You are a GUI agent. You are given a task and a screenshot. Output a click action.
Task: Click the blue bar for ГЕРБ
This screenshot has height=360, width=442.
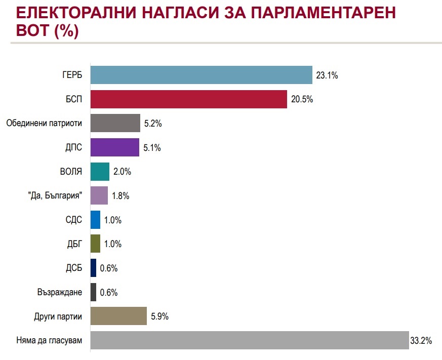coord(201,75)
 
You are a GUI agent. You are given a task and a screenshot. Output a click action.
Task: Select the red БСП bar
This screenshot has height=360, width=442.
coord(188,99)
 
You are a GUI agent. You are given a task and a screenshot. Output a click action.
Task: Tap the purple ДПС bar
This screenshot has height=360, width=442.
coord(114,147)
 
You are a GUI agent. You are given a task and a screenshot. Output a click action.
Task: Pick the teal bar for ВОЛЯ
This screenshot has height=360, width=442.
coord(100,172)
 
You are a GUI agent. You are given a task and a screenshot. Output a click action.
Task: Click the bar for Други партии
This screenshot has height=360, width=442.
coord(118,316)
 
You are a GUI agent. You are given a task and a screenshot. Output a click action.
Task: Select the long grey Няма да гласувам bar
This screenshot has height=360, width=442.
coord(249,340)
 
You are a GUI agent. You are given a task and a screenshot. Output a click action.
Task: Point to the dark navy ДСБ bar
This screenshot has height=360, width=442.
coord(93,268)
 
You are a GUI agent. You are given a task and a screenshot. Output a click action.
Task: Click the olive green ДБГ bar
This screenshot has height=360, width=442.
coord(95,244)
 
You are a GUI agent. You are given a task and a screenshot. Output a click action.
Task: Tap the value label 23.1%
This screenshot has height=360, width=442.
coord(327,75)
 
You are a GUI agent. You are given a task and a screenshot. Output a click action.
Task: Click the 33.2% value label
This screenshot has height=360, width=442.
coord(421,341)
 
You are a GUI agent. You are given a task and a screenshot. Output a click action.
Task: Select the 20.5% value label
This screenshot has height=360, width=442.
coord(302,99)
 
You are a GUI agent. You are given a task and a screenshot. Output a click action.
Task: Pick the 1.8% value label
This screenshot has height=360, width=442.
coord(120,196)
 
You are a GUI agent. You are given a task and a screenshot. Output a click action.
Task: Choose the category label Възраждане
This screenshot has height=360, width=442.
coord(59,292)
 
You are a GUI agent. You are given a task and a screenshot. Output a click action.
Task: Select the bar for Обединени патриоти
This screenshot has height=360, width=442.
coord(115,123)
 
